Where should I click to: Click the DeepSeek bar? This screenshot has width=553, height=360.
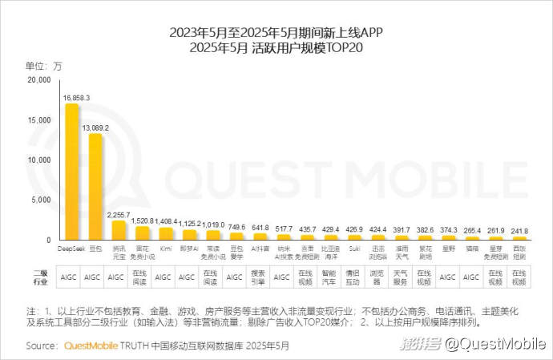(71, 172)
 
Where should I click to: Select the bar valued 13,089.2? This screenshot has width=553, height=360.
(95, 187)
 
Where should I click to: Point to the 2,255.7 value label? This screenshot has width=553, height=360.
(118, 214)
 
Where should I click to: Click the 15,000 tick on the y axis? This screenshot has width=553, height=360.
(38, 120)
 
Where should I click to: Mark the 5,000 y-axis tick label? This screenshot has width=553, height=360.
(41, 200)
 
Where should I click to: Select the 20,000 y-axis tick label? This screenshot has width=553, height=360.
(38, 80)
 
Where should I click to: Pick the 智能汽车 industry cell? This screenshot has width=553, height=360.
(330, 277)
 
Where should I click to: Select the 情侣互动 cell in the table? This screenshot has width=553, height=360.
(354, 277)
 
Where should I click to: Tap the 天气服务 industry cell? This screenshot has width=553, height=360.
(402, 277)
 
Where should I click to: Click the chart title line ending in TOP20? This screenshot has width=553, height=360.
(276, 48)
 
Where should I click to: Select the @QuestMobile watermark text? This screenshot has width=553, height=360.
(496, 344)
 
